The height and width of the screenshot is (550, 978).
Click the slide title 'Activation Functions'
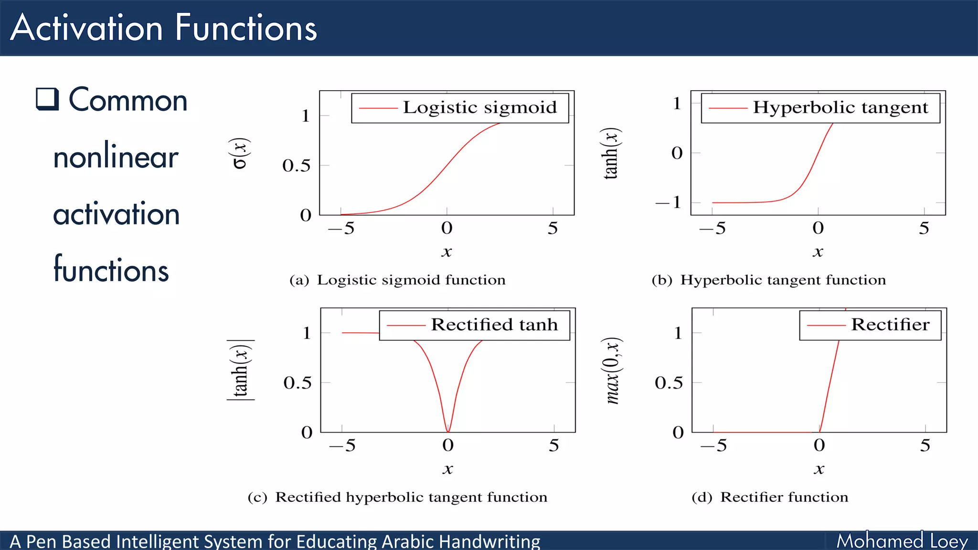[x=163, y=28]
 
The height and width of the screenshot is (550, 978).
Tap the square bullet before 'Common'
[x=47, y=99]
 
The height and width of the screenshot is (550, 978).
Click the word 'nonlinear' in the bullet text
[x=116, y=157]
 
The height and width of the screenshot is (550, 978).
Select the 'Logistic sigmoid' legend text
[x=479, y=108]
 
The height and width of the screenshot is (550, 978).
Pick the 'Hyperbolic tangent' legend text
[x=840, y=108]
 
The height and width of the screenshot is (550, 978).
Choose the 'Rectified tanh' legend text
[x=494, y=325]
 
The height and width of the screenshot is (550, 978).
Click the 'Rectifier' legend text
[x=890, y=325]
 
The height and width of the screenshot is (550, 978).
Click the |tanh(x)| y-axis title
[x=240, y=370]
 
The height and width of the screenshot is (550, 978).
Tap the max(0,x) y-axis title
[x=612, y=370]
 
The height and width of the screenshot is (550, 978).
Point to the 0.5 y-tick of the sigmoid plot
[x=296, y=166]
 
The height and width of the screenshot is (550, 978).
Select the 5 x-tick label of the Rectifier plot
[x=925, y=445]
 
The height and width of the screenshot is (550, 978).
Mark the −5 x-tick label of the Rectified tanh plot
[x=342, y=445]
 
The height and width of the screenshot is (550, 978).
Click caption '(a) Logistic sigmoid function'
[x=397, y=280]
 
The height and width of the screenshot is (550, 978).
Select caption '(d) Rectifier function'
[x=770, y=497]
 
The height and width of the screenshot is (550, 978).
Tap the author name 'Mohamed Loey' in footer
[x=902, y=541]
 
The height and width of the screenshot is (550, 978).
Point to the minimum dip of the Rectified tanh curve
[x=448, y=431]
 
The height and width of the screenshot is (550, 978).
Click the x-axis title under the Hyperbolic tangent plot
[x=818, y=252]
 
